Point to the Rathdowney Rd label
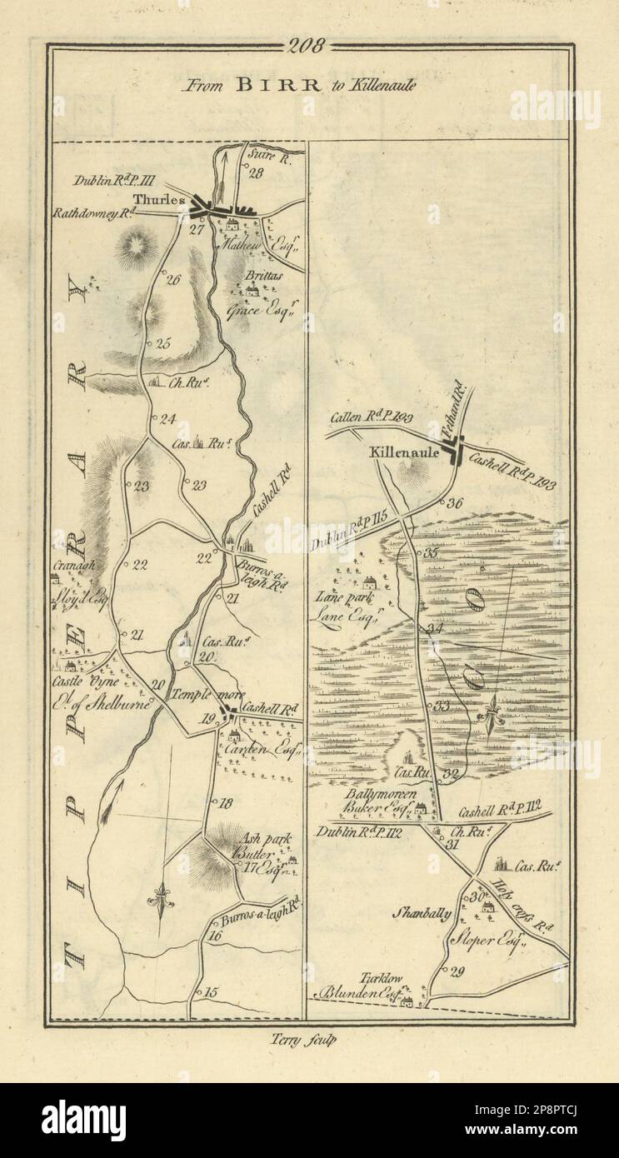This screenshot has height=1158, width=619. tap(92, 212)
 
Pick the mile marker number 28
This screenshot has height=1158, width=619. tap(255, 172)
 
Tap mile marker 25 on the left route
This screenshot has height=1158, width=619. tap(162, 342)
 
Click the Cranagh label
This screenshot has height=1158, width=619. tap(76, 564)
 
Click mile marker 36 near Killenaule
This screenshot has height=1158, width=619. tap(454, 502)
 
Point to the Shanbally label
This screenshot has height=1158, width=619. tap(423, 913)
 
